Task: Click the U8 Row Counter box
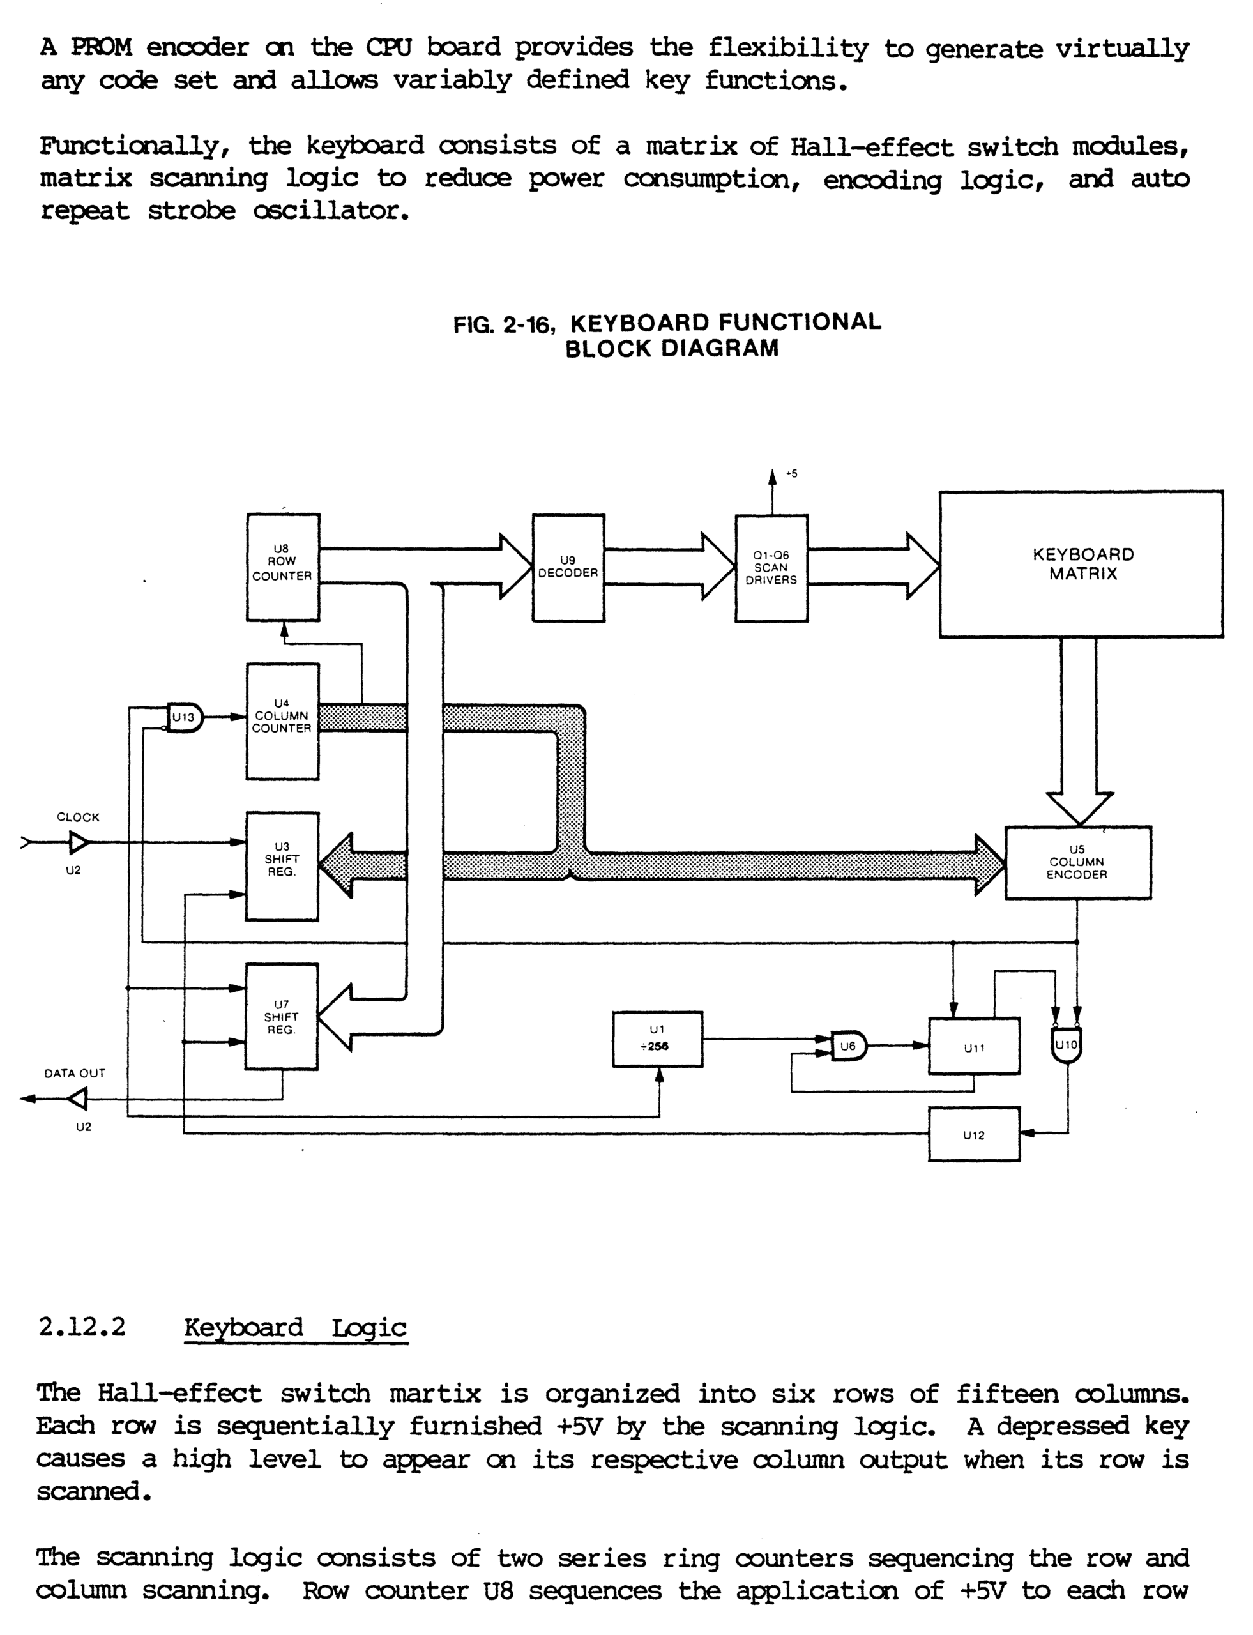click(283, 567)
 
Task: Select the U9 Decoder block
click(568, 568)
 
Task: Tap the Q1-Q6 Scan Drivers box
click(771, 568)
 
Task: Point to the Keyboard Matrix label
click(1083, 564)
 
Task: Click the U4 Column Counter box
click(283, 721)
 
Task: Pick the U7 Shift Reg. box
click(282, 1017)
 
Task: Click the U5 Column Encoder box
click(1078, 862)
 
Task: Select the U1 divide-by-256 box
click(657, 1039)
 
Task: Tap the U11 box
click(974, 1046)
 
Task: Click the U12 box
click(974, 1134)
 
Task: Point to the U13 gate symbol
click(184, 718)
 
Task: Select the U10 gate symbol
click(1067, 1044)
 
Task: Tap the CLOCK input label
click(79, 817)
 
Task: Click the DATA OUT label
click(75, 1074)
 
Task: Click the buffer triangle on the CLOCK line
click(79, 843)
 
